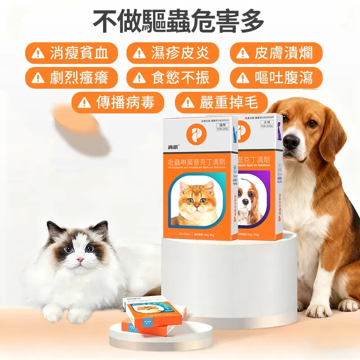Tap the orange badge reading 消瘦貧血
tap(72, 54)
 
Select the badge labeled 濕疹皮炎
tap(173, 54)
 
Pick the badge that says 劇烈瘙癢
tap(72, 78)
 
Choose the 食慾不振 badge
tap(173, 78)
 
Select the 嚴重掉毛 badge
tap(221, 103)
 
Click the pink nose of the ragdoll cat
tap(80, 260)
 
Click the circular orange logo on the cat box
tap(198, 135)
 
